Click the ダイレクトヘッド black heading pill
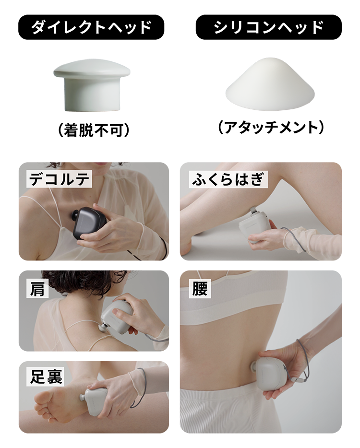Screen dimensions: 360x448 (x=91, y=27)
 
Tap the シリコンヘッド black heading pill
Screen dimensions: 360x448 (x=268, y=27)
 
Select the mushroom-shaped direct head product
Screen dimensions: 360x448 (x=92, y=85)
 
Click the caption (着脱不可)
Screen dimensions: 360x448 (x=94, y=130)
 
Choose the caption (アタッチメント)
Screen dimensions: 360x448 (x=271, y=128)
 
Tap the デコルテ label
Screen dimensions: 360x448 (x=59, y=179)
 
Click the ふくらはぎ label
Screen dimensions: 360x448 (x=228, y=179)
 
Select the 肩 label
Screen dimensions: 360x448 (x=37, y=289)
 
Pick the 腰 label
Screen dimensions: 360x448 (x=200, y=289)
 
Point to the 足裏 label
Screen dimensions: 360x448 (x=46, y=377)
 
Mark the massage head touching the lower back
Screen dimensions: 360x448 (x=253, y=367)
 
